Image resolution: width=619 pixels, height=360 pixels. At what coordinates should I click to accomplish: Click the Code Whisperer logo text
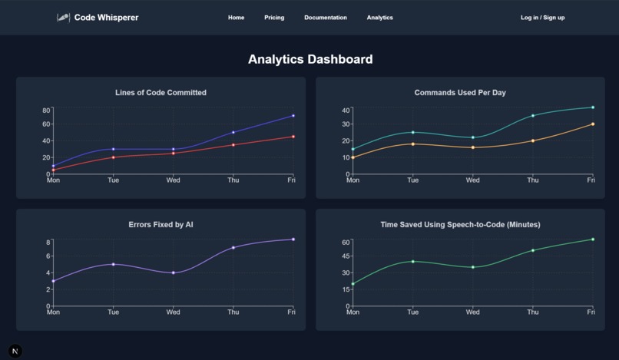point(106,18)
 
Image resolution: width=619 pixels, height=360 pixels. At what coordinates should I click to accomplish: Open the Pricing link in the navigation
point(274,18)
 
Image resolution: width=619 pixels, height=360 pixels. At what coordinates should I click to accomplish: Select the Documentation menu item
point(325,18)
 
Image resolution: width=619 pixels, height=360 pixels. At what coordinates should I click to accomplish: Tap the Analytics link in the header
point(379,18)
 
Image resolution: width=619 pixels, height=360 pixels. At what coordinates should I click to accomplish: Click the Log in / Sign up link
point(542,18)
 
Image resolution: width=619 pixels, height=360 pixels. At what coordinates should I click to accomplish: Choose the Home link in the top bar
point(236,18)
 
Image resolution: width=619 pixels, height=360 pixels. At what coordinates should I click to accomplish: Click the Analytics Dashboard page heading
point(309,59)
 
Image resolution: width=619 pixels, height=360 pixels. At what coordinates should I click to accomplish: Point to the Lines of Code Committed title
point(161,93)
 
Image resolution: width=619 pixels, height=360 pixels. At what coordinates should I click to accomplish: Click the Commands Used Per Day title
point(460,93)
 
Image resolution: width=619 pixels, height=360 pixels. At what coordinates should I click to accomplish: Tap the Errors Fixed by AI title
point(161,225)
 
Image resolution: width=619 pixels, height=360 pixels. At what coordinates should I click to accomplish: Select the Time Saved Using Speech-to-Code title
point(460,225)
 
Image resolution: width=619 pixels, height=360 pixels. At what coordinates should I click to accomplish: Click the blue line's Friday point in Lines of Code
point(293,116)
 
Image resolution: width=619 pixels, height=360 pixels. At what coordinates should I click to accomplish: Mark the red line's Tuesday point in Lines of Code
point(114,157)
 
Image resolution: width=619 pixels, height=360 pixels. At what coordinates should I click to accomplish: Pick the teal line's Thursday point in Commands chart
point(533,116)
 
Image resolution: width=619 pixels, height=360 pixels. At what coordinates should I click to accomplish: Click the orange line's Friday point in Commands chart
point(592,124)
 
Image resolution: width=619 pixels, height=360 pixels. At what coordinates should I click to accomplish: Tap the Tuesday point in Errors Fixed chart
point(114,264)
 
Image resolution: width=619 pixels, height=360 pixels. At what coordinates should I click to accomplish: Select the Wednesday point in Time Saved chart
point(473,267)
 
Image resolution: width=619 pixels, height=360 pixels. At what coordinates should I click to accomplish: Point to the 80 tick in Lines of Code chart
point(46,111)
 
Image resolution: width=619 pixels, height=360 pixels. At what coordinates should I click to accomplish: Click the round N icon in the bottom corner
point(15,351)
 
